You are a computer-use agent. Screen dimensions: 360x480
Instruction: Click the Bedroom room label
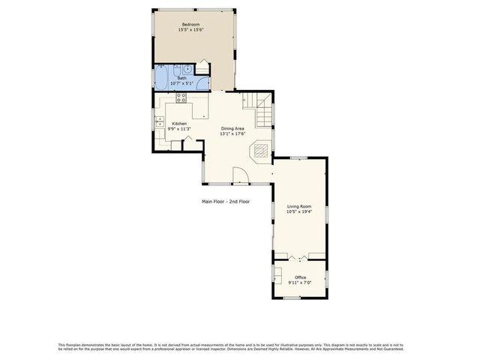point(191,25)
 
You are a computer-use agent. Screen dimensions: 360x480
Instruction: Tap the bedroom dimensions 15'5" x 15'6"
point(191,30)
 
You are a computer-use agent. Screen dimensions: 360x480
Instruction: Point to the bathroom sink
point(187,70)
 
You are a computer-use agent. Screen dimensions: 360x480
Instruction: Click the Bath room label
point(181,78)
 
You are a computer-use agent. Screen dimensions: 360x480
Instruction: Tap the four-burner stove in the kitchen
point(181,97)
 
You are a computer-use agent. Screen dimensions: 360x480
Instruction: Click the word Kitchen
point(179,124)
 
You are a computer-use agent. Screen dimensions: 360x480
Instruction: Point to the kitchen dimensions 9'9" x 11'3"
point(179,129)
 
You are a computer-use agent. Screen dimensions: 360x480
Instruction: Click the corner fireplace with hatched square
point(260,151)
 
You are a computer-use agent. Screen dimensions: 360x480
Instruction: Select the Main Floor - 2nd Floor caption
point(226,202)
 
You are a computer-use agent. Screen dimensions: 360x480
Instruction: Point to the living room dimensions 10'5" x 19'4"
point(300,212)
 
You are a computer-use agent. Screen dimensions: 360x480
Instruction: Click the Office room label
point(300,277)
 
